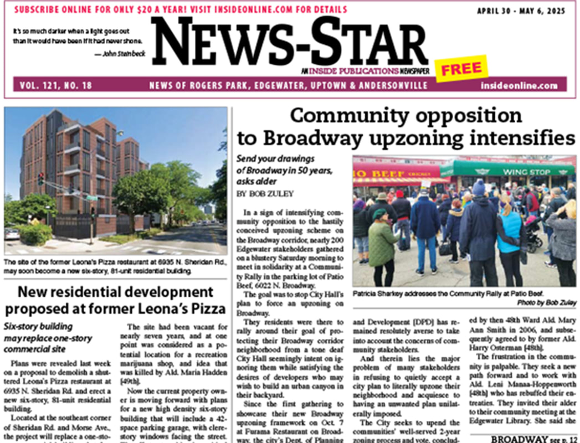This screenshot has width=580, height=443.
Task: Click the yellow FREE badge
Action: (461, 69)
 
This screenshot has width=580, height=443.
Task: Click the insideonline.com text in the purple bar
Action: (519, 86)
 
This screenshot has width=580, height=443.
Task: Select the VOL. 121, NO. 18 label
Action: (55, 86)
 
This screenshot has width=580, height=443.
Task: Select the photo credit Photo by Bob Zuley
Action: (547, 303)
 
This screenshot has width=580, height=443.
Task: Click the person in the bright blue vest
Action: (509, 233)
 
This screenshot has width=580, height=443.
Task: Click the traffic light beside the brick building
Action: (40, 178)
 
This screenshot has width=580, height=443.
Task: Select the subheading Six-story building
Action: (38, 327)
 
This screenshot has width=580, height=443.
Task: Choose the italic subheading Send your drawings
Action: (275, 159)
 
